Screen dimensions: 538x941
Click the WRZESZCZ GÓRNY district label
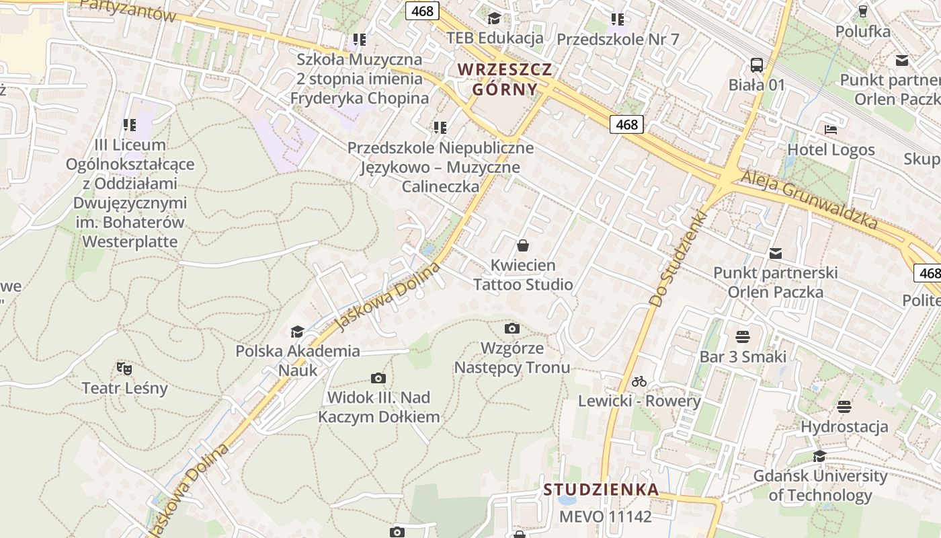(x=505, y=79)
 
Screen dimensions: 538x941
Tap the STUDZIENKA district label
(x=601, y=490)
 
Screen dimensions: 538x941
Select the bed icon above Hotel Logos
(x=831, y=130)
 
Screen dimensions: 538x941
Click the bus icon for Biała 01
(x=757, y=65)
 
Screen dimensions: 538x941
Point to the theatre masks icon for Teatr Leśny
(x=124, y=368)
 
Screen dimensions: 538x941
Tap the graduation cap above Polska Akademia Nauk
(x=297, y=331)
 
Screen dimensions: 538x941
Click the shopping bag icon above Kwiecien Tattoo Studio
(x=523, y=245)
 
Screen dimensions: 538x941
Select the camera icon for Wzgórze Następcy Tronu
(x=512, y=328)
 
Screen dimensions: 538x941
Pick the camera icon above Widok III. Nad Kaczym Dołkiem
(x=378, y=378)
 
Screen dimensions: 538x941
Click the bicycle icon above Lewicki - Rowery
(x=639, y=381)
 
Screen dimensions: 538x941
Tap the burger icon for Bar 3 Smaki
(x=743, y=336)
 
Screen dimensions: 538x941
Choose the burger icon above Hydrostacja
(x=844, y=406)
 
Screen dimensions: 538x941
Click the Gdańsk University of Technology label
(x=820, y=486)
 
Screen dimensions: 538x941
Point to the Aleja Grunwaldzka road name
(x=809, y=199)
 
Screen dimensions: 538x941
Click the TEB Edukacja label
(x=495, y=38)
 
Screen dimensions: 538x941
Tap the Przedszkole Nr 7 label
(x=618, y=39)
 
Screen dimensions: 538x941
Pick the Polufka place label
(x=863, y=31)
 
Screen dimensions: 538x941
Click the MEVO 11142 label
(x=606, y=516)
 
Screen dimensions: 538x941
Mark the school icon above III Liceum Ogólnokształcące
(x=130, y=124)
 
